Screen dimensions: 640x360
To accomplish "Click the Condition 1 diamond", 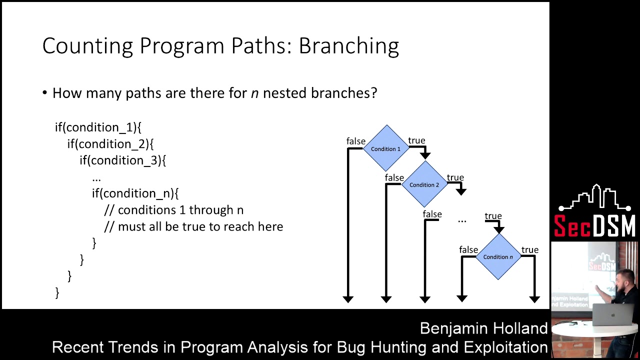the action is click(385, 148).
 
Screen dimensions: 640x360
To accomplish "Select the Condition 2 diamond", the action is click(424, 184).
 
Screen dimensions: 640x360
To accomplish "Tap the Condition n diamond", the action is click(497, 256).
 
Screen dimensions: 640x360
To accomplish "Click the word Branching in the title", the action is click(348, 46).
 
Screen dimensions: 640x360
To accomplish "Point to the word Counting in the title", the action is click(87, 46).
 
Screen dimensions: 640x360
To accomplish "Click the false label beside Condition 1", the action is click(355, 141).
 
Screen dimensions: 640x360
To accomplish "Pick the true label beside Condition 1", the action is click(416, 140).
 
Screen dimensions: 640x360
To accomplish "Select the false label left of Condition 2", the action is click(394, 177).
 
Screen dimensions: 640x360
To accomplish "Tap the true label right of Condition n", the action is click(529, 249).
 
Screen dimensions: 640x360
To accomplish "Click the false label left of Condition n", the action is click(468, 249).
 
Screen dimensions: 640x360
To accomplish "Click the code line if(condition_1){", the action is click(98, 127).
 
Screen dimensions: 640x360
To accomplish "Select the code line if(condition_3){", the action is click(122, 160).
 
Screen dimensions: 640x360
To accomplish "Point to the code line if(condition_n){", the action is click(135, 193).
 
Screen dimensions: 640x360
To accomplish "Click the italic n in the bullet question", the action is click(254, 93).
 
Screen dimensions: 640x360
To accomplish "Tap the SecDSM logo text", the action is click(594, 225).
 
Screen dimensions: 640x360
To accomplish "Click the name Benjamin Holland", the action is click(483, 328).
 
